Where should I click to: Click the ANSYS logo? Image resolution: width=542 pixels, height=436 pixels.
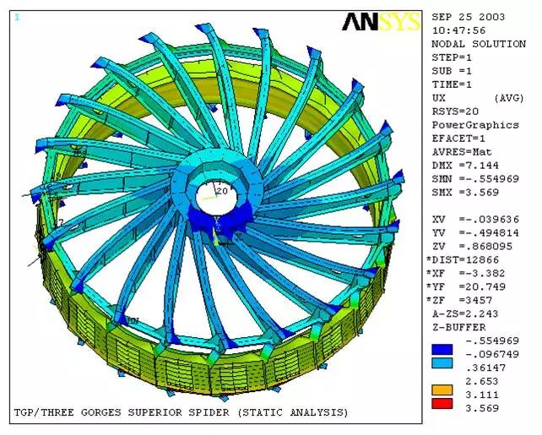coord(382,22)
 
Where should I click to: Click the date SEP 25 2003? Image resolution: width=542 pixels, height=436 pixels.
coord(469,17)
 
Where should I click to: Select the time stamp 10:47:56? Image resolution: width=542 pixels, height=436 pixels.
coord(458,30)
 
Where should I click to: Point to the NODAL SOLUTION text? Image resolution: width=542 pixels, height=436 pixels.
coord(479,44)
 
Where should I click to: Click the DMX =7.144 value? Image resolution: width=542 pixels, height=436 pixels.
coord(465,166)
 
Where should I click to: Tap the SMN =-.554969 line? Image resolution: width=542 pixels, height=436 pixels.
coord(475,179)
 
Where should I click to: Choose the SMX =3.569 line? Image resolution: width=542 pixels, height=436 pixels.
coord(465,193)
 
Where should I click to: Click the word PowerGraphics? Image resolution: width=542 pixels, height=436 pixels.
coord(475,125)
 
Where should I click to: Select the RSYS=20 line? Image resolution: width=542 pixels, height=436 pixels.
coord(455,112)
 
